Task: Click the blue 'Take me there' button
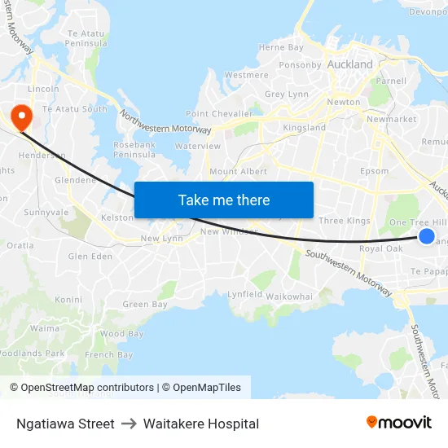click(x=224, y=200)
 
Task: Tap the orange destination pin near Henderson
click(x=19, y=116)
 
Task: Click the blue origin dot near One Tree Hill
click(x=426, y=236)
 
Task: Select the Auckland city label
click(x=349, y=64)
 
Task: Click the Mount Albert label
click(x=238, y=172)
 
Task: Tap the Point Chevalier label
click(x=215, y=114)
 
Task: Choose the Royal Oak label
click(x=381, y=248)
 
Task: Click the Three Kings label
click(x=344, y=221)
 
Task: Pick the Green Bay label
click(x=145, y=305)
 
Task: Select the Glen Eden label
click(x=90, y=257)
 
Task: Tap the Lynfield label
click(x=244, y=294)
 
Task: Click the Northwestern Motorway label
click(x=165, y=123)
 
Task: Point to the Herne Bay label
click(x=281, y=48)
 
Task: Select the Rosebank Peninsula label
click(x=134, y=149)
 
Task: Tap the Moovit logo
click(x=398, y=423)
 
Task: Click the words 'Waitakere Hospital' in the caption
click(x=201, y=424)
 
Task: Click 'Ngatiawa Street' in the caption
click(x=65, y=424)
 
